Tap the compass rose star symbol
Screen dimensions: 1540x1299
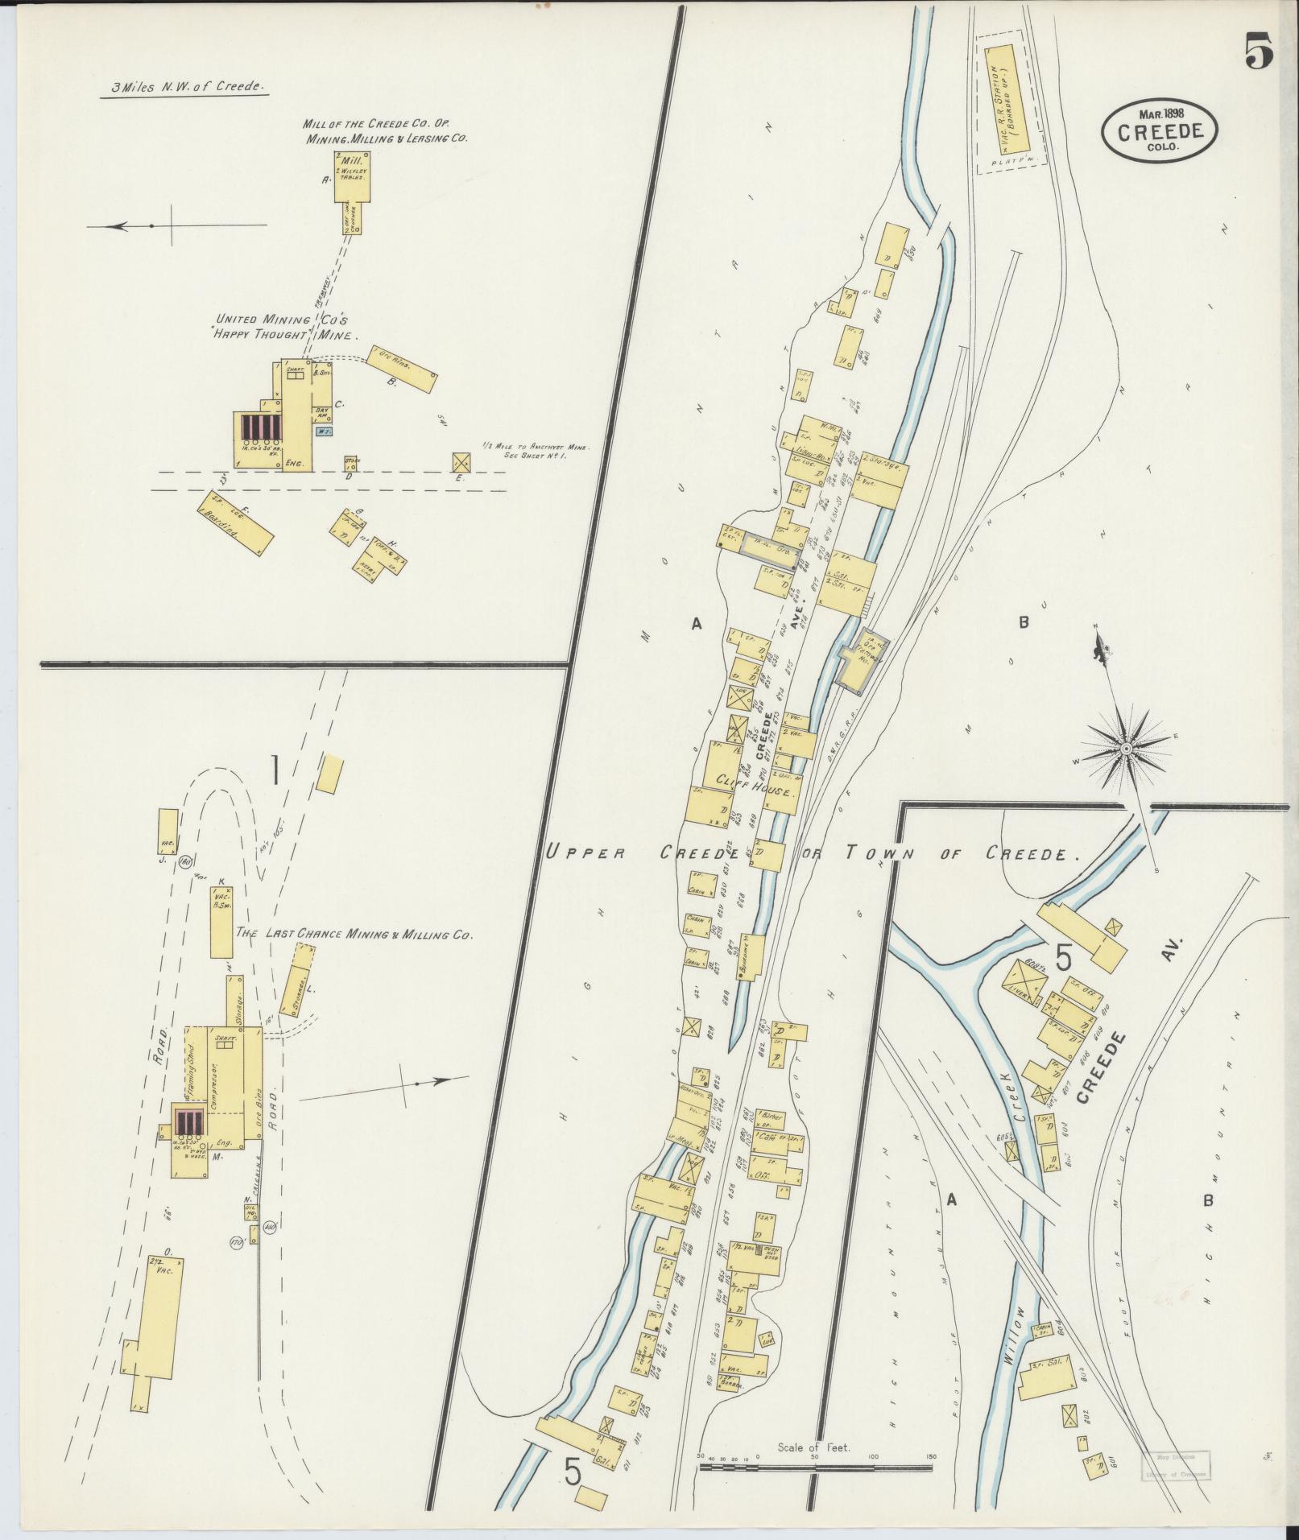click(1126, 749)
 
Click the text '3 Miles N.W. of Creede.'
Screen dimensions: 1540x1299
click(184, 87)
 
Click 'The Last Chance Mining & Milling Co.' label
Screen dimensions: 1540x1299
click(353, 935)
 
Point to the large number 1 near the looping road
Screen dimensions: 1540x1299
click(275, 769)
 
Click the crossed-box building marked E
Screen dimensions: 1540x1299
click(462, 461)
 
